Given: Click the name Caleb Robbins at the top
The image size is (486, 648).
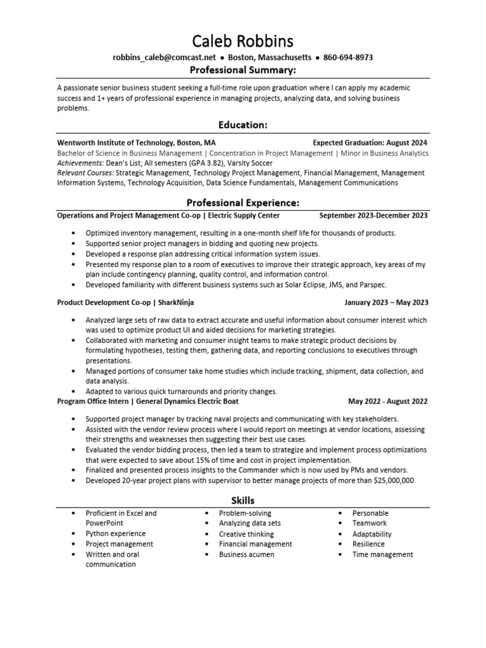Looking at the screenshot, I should click(243, 41).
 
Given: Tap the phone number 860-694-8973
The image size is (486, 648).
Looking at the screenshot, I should click(347, 58).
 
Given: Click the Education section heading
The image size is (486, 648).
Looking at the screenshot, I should click(243, 125).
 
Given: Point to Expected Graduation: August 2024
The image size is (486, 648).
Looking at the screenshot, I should click(370, 143).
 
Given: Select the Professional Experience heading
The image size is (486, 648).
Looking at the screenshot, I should click(243, 202).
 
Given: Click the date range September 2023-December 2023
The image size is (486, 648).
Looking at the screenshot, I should click(373, 215).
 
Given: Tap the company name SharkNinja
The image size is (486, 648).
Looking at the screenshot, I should click(180, 302).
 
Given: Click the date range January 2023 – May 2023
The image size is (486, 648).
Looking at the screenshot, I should click(386, 302).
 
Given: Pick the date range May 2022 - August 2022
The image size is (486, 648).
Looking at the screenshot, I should click(387, 401).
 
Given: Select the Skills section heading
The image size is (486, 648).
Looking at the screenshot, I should click(243, 501).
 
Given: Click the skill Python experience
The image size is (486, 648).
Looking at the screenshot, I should click(115, 533).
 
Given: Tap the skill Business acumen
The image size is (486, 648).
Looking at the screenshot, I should click(246, 554).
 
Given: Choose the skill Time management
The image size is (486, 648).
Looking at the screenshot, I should click(382, 554).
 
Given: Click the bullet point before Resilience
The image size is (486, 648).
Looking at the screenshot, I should click(339, 544).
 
